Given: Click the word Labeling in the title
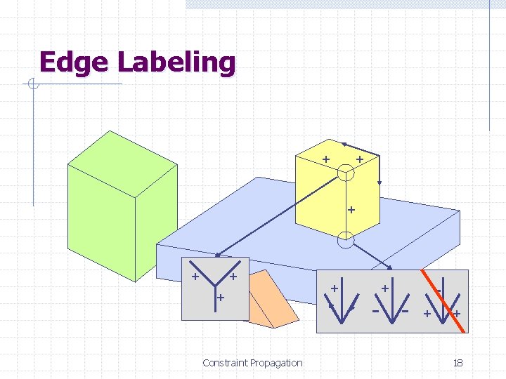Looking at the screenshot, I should pyautogui.click(x=176, y=63).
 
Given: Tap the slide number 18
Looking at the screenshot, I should pyautogui.click(x=458, y=363).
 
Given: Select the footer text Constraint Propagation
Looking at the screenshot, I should pyautogui.click(x=252, y=363).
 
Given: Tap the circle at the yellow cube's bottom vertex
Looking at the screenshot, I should pyautogui.click(x=345, y=241).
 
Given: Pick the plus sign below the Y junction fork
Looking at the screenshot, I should pyautogui.click(x=220, y=299).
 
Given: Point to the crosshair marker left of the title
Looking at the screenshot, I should pyautogui.click(x=32, y=85).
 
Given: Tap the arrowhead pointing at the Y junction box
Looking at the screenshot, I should pyautogui.click(x=217, y=255).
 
